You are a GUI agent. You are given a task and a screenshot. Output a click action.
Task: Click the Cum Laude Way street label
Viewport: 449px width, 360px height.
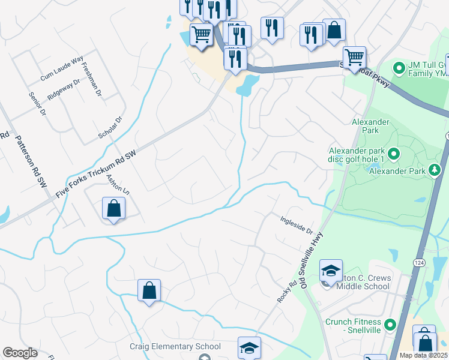click(x=62, y=69)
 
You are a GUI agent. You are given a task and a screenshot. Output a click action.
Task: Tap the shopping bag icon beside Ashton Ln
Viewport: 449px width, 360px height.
click(x=113, y=209)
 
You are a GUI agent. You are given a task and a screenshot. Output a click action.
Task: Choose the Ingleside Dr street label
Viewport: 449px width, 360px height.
click(x=297, y=225)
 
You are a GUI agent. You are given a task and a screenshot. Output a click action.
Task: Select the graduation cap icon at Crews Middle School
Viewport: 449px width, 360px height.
click(x=330, y=271)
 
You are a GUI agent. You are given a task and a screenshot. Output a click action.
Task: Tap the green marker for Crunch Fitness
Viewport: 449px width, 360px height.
click(x=390, y=325)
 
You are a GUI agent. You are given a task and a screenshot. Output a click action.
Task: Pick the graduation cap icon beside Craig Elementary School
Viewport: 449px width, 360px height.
click(x=249, y=348)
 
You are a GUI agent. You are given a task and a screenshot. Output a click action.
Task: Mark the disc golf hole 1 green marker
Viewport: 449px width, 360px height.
click(x=394, y=154)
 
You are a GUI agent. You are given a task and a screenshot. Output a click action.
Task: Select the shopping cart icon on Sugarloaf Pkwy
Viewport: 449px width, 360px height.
click(x=354, y=58)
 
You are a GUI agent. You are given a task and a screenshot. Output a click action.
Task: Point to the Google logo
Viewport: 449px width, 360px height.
click(x=20, y=353)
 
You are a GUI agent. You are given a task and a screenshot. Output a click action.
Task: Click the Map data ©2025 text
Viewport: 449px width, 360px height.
click(x=423, y=355)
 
